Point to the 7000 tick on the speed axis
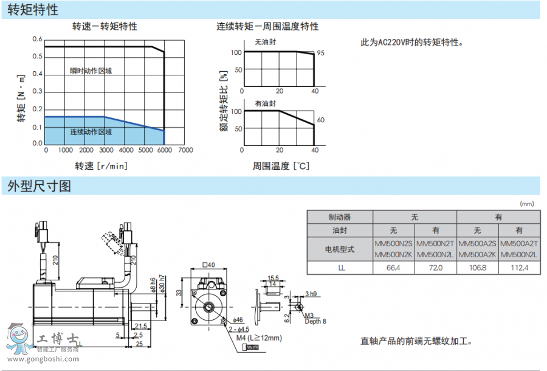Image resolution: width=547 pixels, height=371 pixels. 186,150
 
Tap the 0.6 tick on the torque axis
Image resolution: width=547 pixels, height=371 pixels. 38,40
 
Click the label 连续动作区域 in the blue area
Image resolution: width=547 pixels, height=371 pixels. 91,131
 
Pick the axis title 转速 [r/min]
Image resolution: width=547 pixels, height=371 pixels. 101,166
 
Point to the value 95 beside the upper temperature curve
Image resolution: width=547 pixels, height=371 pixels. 320,54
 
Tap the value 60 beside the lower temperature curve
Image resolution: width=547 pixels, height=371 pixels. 320,120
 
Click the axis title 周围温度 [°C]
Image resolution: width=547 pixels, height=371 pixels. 281,166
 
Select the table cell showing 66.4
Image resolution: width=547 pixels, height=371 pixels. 394,268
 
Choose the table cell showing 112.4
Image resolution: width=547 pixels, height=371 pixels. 518,268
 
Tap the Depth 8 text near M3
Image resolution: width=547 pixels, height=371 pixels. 315,321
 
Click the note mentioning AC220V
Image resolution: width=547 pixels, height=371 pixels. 412,43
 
